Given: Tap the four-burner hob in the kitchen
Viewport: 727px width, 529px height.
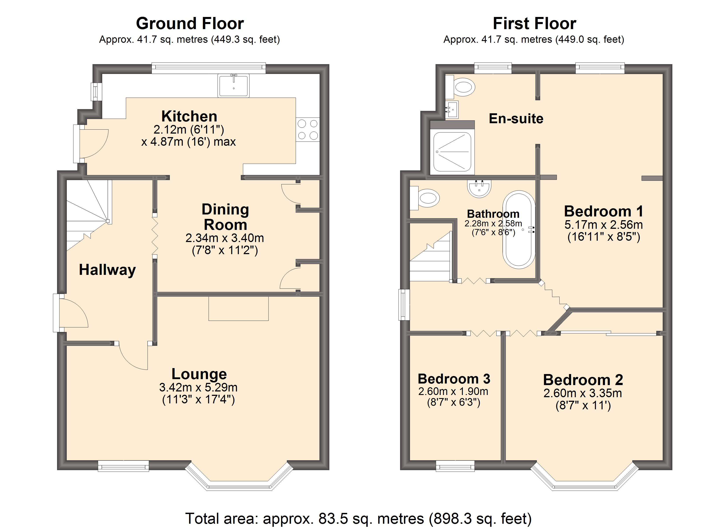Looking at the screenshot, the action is click(308, 130).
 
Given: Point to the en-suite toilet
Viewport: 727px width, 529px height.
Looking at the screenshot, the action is click(461, 87).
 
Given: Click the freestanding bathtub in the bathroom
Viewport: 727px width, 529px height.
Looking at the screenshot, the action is click(519, 230).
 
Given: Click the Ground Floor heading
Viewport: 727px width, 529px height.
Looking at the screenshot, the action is click(190, 23).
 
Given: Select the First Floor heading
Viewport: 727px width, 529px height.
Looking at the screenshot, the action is click(534, 23).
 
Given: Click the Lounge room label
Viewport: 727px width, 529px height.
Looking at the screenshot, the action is click(199, 374).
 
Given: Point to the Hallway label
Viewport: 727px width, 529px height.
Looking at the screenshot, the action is click(107, 270).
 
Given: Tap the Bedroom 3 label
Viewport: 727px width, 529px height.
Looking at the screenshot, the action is click(454, 379).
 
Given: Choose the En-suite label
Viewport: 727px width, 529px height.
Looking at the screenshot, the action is click(516, 118).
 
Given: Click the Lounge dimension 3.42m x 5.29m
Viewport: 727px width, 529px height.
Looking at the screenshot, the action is click(198, 387).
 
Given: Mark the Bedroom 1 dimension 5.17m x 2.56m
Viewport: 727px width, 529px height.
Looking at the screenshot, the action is click(604, 225).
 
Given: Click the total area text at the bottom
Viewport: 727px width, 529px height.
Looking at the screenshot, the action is click(358, 518).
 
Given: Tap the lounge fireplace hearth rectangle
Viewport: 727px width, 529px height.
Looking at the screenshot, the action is click(239, 308).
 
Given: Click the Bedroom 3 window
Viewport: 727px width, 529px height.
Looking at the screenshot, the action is click(455, 466).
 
